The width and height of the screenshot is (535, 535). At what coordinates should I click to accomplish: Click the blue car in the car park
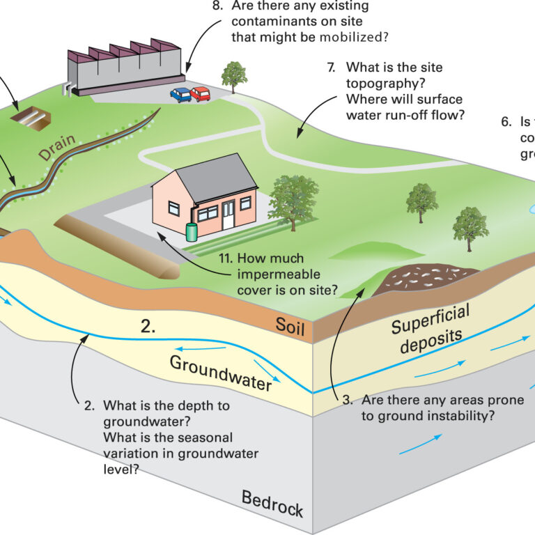[x=180, y=95]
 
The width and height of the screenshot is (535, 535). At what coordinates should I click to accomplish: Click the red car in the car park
[x=200, y=93]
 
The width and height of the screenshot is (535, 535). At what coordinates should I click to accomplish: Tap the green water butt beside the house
[x=191, y=231]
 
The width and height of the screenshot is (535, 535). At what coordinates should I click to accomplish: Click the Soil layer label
[x=290, y=326]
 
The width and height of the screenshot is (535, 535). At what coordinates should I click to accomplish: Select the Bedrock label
[x=272, y=504]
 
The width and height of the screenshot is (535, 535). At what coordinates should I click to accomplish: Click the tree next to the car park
[x=234, y=75]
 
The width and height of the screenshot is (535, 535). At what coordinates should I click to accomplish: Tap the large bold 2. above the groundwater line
[x=148, y=325]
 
